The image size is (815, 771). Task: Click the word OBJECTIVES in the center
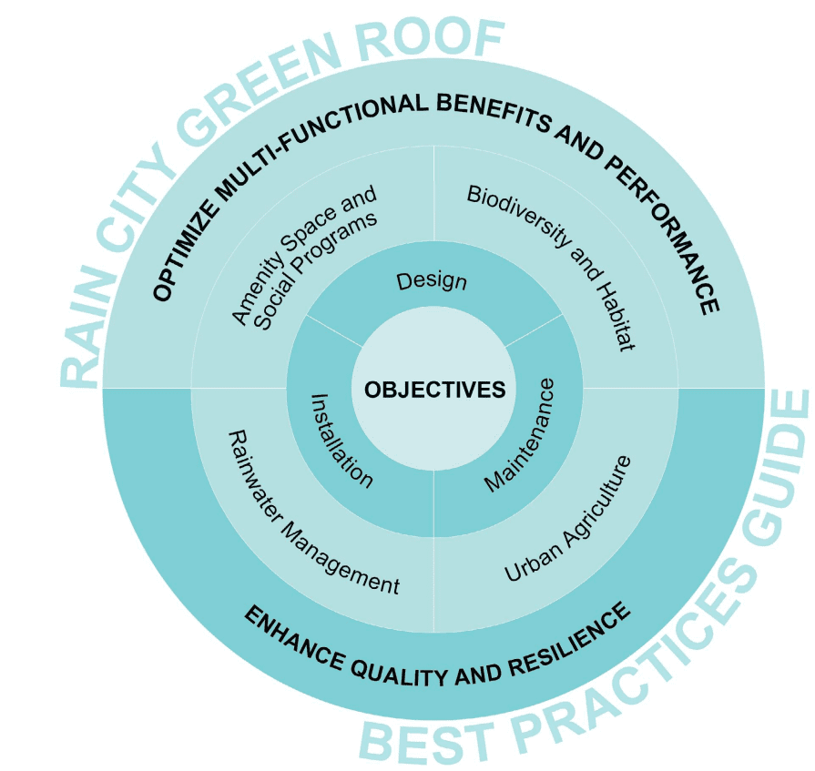(434, 390)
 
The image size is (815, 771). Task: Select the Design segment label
(432, 281)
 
